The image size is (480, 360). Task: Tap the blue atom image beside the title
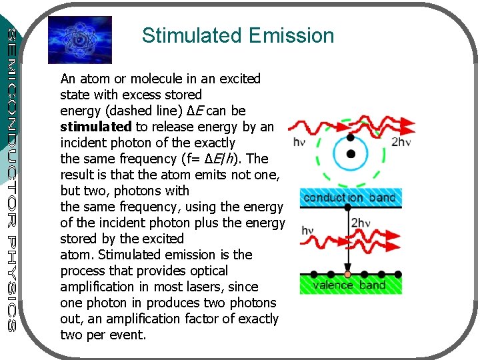(x=81, y=39)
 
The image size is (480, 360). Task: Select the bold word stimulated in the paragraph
(x=95, y=127)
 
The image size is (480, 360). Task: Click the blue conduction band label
(x=349, y=197)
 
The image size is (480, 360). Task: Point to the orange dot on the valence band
(x=347, y=275)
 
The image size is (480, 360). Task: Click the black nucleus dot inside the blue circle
(x=351, y=154)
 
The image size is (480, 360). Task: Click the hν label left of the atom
(x=300, y=142)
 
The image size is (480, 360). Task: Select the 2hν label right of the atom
(x=401, y=142)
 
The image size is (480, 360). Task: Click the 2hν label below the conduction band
(x=361, y=223)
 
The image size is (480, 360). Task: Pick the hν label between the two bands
(x=308, y=231)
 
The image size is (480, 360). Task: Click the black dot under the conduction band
(x=347, y=207)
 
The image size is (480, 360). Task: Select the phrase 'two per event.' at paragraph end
(x=103, y=335)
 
